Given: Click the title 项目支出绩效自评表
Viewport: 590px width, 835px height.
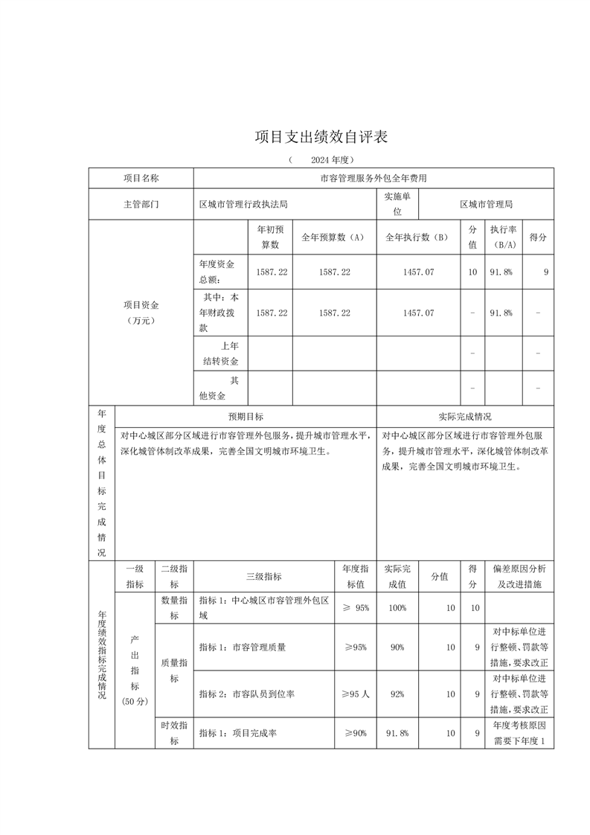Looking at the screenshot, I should click(321, 137).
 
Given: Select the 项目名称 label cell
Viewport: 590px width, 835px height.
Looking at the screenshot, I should click(141, 179).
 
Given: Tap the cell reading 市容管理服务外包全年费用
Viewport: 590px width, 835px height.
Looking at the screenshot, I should click(373, 179).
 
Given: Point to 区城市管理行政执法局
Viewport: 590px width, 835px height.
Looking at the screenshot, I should click(243, 203).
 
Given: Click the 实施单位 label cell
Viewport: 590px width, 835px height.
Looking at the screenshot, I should click(397, 203).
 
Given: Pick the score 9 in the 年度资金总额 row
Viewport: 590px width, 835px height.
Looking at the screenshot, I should click(546, 272).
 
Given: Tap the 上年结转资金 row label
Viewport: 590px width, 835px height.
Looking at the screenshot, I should click(221, 353).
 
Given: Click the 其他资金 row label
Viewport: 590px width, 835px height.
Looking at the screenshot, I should click(221, 388).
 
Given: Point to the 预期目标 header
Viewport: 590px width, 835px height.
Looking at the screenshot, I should click(246, 417).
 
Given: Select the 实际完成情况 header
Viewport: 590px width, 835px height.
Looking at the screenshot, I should click(465, 417).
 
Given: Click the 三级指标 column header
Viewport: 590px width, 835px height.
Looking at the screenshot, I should click(263, 576).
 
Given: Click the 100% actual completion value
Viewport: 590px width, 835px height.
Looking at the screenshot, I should click(397, 608).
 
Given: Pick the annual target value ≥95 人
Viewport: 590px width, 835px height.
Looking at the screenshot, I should click(355, 694).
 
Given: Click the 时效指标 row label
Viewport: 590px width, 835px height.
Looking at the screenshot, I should click(174, 733).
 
